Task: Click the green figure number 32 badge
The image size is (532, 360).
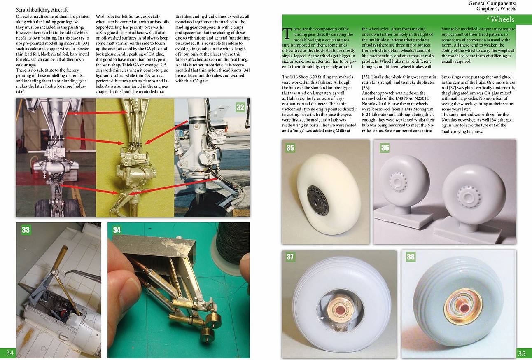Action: pos(240,108)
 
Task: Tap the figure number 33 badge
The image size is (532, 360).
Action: pos(26,230)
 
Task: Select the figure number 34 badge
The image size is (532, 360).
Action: pos(117,230)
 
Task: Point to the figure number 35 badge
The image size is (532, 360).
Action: pos(290,148)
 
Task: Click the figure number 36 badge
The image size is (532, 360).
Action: pos(385,148)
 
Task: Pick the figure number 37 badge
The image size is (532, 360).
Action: pos(290,257)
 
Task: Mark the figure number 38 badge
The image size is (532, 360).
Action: pos(411,257)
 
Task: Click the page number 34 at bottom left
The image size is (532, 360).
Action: pos(10,353)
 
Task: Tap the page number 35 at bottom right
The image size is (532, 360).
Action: pos(522,353)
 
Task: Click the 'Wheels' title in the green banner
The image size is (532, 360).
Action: pos(502,19)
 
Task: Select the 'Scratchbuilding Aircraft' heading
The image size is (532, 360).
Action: pos(42,10)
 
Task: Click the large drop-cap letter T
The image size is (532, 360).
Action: pos(287,33)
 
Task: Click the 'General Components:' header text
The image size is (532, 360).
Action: pos(492,3)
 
